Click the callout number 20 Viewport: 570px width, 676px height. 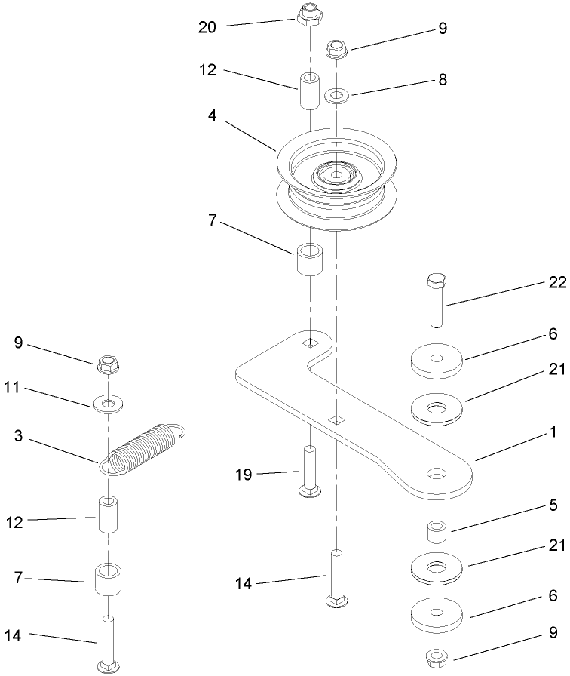pyautogui.click(x=207, y=27)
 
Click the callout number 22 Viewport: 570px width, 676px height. pyautogui.click(x=556, y=283)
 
